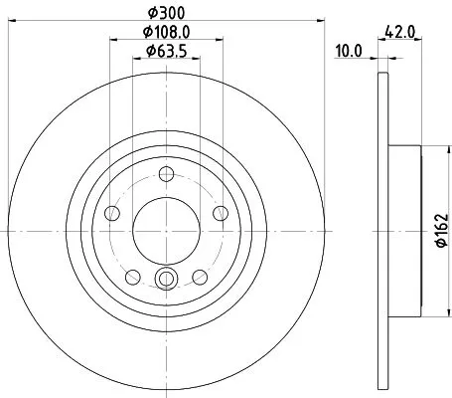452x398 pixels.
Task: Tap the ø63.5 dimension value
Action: [166, 51]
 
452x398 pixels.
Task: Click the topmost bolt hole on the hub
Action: [166, 179]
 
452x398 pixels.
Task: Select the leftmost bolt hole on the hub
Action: [112, 215]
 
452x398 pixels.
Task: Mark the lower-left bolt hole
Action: [132, 277]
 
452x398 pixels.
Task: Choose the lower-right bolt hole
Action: [200, 277]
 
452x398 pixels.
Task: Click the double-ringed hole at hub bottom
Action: [166, 279]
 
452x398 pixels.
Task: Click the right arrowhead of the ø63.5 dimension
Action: [198, 59]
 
